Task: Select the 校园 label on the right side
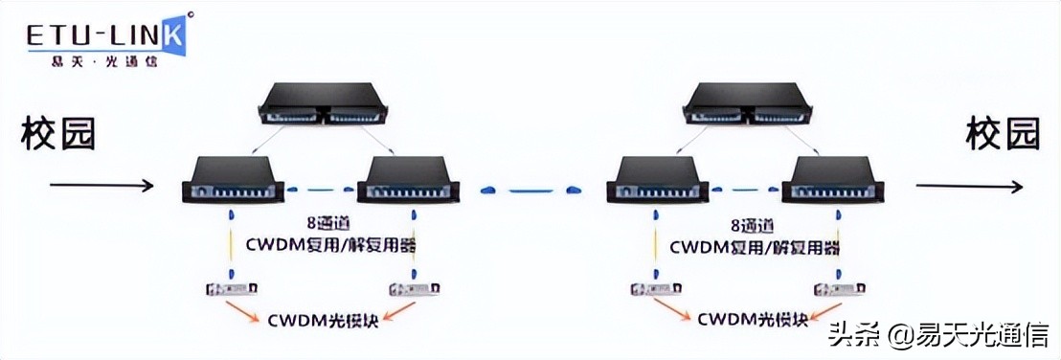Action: tap(1003, 135)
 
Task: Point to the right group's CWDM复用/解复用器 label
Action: tap(755, 248)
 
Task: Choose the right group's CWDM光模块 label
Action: tap(751, 316)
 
